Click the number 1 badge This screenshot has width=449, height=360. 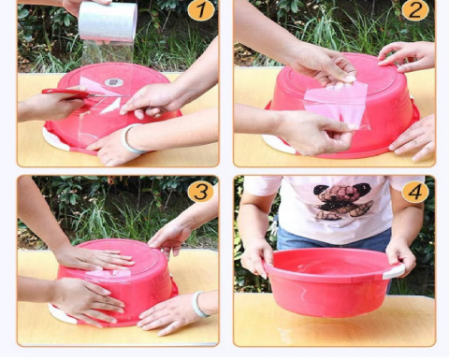[x=201, y=10]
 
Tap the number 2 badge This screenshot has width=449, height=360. [x=415, y=10]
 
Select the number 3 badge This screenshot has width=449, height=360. [x=201, y=192]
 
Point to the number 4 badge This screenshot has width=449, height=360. [x=415, y=193]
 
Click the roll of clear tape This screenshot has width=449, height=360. [x=108, y=22]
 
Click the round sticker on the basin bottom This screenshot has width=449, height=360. [x=114, y=82]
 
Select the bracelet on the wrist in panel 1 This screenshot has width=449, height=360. [x=129, y=139]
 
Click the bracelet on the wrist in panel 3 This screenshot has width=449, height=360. [x=199, y=304]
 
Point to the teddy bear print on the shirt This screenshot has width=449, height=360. [x=343, y=201]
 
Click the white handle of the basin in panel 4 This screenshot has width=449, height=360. [x=394, y=271]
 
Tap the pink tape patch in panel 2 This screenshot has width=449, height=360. [x=335, y=105]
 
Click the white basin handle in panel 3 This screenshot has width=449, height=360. [x=61, y=315]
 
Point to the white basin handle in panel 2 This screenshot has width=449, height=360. [x=278, y=144]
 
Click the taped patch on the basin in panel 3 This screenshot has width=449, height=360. [x=108, y=275]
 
